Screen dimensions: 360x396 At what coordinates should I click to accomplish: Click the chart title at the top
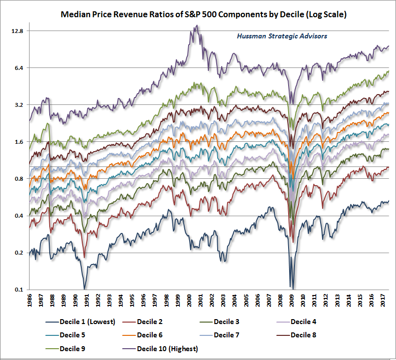pos(203,15)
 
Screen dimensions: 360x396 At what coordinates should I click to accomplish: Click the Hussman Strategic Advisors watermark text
pos(282,36)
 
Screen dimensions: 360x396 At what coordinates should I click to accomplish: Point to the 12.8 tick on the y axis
pos(17,31)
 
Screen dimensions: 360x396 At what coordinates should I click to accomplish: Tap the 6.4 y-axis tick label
pos(19,67)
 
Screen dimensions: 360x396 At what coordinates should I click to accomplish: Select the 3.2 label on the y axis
pos(19,105)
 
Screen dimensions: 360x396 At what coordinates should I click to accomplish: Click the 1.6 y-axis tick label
pos(19,142)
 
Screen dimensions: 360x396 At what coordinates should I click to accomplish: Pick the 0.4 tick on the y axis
pos(19,216)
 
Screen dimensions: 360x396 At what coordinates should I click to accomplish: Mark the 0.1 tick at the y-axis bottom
pos(19,290)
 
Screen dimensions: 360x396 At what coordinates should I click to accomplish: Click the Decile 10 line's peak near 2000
pos(197,26)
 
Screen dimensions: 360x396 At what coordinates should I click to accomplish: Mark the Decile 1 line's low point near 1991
pos(85,289)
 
